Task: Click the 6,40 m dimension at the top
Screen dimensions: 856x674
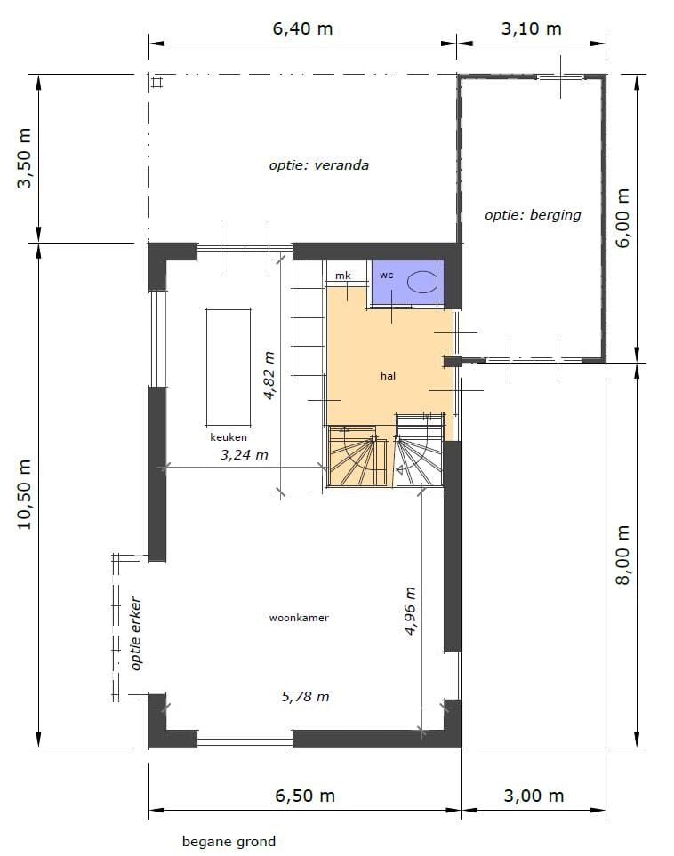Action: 302,28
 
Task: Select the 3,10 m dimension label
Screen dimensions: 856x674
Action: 532,28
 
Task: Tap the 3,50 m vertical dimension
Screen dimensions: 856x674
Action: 26,157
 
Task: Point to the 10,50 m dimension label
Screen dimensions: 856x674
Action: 26,494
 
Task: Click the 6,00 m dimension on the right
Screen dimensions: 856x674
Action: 622,218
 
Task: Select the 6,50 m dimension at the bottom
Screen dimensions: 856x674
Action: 304,796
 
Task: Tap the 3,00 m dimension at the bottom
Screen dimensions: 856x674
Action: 534,796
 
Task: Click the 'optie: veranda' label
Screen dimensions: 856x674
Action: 318,165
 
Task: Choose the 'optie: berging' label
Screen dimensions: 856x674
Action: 533,215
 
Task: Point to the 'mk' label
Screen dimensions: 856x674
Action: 342,276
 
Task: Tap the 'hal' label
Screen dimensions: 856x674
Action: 388,376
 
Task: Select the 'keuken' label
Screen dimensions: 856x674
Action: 229,437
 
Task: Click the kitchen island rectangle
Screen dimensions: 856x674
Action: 229,367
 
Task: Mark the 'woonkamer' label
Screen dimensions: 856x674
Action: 299,618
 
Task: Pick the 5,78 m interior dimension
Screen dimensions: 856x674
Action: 305,697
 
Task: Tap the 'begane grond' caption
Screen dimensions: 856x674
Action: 229,841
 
